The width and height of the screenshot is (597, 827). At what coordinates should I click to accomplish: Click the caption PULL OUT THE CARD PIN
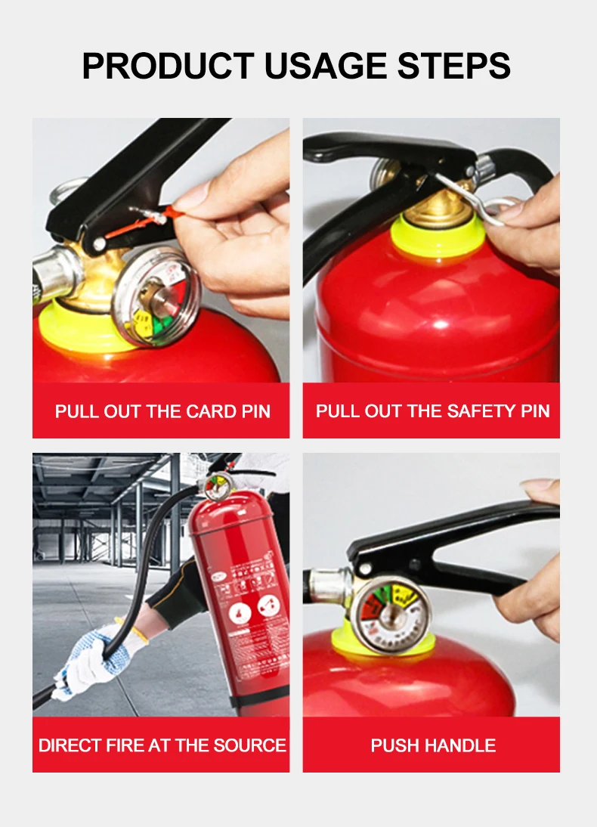[x=162, y=412]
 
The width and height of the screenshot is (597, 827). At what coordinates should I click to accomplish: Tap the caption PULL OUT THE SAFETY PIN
[x=432, y=412]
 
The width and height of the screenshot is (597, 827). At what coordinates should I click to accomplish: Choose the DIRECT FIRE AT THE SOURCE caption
[x=162, y=745]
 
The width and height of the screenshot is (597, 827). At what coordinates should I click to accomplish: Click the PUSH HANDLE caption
[x=432, y=745]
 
